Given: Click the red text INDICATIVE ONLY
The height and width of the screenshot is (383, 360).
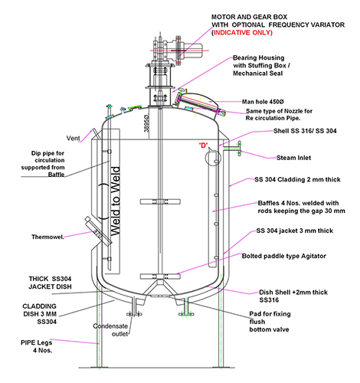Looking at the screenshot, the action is (243, 33).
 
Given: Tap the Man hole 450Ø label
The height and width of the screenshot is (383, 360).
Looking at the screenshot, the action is (263, 102).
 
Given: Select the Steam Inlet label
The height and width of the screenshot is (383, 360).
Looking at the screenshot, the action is (293, 158).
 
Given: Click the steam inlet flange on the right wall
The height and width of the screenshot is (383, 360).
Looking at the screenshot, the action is (239, 149).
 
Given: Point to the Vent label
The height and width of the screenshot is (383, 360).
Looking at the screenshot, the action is (73, 139).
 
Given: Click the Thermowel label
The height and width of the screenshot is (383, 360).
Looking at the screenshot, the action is (47, 237).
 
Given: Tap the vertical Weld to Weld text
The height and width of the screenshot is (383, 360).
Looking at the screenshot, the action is (116, 201).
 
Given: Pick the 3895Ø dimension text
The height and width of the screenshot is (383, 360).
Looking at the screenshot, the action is (146, 123).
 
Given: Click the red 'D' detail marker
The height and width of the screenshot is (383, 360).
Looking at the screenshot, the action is (203, 146).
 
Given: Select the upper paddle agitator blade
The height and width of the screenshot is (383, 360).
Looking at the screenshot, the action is (160, 201).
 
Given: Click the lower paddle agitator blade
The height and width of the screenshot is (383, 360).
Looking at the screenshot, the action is (160, 276).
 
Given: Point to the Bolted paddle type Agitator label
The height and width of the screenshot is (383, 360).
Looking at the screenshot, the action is (284, 256).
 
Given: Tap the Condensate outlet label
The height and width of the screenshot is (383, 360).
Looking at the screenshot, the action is (110, 330).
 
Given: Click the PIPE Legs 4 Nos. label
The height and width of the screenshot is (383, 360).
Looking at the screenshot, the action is (37, 346).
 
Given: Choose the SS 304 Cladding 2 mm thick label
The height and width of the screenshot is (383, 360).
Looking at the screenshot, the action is (297, 179).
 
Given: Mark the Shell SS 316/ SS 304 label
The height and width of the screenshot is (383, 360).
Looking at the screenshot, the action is (305, 131).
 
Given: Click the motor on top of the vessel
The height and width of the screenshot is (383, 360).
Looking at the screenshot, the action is (192, 48).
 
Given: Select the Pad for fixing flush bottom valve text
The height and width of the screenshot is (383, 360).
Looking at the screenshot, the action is (270, 322).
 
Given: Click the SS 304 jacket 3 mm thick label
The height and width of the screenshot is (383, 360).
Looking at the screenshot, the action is (295, 231).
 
